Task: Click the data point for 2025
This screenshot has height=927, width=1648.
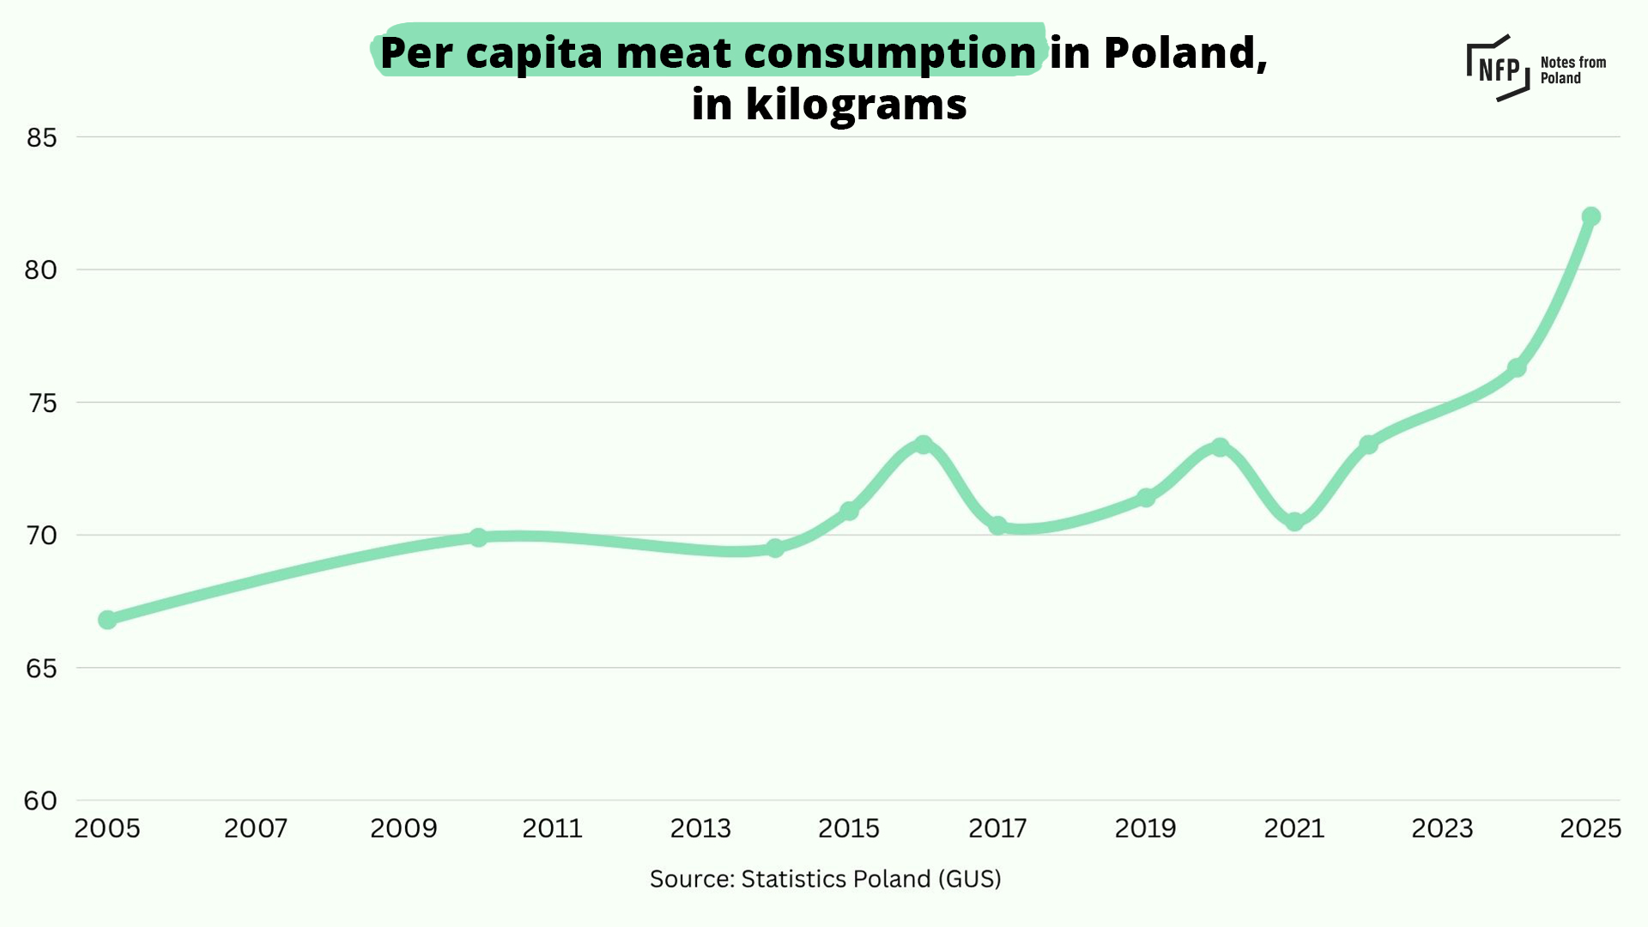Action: click(1590, 216)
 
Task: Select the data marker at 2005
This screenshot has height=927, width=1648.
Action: click(107, 620)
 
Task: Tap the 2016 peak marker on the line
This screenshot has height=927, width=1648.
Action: click(923, 445)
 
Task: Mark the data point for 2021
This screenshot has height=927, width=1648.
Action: click(1294, 522)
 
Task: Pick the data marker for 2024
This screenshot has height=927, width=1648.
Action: click(1517, 368)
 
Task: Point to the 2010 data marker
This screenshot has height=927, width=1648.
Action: click(478, 537)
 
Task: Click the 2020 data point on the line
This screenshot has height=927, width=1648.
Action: click(1220, 447)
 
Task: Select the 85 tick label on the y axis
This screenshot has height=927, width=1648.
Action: click(41, 137)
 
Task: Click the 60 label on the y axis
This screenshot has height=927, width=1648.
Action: click(40, 801)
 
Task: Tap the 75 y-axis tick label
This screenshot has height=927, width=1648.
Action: click(42, 403)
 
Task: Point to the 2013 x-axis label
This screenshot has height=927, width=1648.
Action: click(700, 828)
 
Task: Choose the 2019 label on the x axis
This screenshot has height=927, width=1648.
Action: click(1145, 828)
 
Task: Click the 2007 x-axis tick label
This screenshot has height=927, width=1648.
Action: click(256, 828)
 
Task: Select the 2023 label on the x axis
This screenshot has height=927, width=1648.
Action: click(1442, 828)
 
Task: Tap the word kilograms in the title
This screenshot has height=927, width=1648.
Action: click(857, 105)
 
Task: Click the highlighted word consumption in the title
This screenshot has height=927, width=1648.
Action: click(890, 54)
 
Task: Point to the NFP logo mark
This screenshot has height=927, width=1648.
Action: click(1499, 68)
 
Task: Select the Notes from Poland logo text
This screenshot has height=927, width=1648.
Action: click(1572, 70)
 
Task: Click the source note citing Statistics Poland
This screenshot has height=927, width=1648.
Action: click(825, 879)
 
